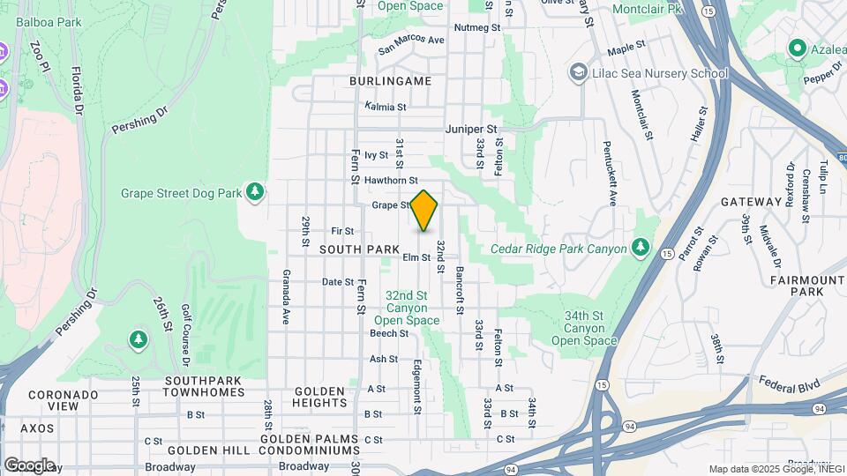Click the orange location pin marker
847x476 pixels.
[424, 211]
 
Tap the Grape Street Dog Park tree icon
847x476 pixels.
[255, 191]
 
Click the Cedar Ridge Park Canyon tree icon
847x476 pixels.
[641, 248]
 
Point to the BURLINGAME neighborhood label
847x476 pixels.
[390, 81]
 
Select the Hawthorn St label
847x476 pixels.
[390, 180]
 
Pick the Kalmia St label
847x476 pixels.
[386, 107]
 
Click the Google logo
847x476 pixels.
[29, 465]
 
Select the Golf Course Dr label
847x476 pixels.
[186, 335]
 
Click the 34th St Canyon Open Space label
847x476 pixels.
[583, 328]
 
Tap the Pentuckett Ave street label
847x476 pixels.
[609, 173]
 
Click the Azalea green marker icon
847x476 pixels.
[798, 48]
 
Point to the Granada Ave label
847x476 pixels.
[286, 297]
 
